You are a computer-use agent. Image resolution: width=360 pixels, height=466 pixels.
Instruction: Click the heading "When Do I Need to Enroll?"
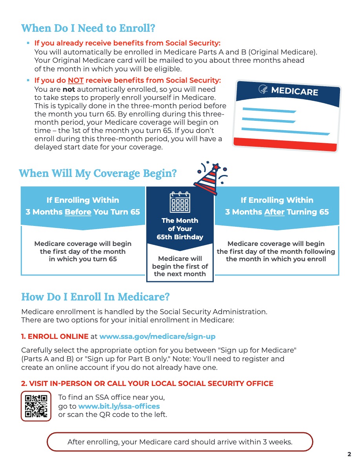pyautogui.click(x=88, y=29)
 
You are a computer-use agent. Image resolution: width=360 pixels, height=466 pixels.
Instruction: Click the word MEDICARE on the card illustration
pyautogui.click(x=294, y=91)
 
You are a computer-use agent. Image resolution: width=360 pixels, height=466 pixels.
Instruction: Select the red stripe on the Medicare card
pyautogui.click(x=285, y=144)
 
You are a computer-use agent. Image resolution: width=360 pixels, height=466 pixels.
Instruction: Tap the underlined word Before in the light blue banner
pyautogui.click(x=78, y=212)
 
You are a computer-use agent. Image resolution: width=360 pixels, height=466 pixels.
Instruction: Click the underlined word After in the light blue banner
pyautogui.click(x=275, y=212)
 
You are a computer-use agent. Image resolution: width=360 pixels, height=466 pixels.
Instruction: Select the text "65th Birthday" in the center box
pyautogui.click(x=180, y=237)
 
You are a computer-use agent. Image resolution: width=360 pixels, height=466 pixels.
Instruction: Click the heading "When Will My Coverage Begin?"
pyautogui.click(x=98, y=173)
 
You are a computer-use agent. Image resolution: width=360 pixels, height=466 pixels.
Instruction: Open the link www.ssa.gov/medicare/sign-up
pyautogui.click(x=157, y=337)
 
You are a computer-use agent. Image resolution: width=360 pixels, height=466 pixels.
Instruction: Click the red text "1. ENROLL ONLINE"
pyautogui.click(x=55, y=337)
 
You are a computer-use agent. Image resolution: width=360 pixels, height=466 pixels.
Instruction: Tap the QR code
pyautogui.click(x=36, y=406)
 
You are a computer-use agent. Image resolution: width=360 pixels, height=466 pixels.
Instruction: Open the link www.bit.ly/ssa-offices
pyautogui.click(x=119, y=406)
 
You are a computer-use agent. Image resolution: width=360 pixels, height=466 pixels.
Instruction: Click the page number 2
pyautogui.click(x=349, y=455)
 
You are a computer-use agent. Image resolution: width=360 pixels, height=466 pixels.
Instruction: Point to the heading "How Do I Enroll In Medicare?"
pyautogui.click(x=95, y=297)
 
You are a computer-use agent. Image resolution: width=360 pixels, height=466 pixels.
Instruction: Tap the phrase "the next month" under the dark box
pyautogui.click(x=180, y=274)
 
